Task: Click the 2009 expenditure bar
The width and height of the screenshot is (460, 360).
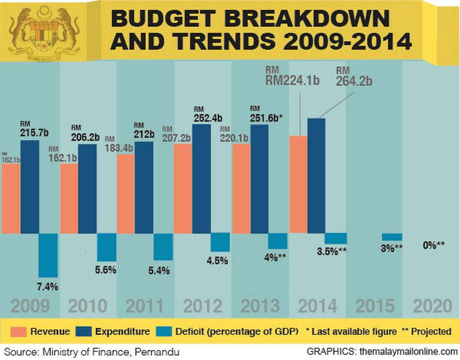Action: [30, 187]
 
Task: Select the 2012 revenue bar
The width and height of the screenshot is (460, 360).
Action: [183, 188]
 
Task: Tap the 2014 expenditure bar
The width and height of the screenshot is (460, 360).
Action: [316, 175]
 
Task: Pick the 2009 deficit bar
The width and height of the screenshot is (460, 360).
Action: [48, 255]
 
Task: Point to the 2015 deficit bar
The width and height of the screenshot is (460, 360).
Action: [392, 237]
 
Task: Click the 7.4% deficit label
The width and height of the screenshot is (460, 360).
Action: [48, 286]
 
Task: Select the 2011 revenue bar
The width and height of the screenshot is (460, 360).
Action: [125, 194]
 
